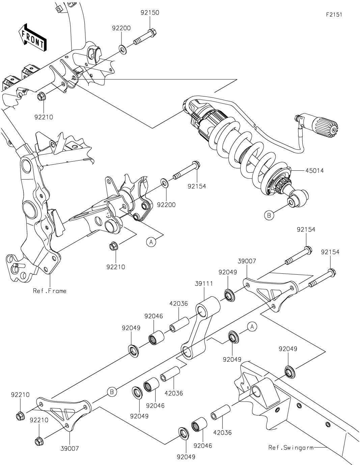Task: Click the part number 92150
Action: [150, 13]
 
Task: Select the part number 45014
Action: [314, 171]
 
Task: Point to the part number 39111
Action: [203, 284]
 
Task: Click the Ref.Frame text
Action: [50, 291]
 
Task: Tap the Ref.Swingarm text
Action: [290, 448]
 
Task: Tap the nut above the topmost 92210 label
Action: [42, 97]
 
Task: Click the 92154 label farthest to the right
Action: [330, 252]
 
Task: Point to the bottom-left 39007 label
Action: [70, 448]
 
